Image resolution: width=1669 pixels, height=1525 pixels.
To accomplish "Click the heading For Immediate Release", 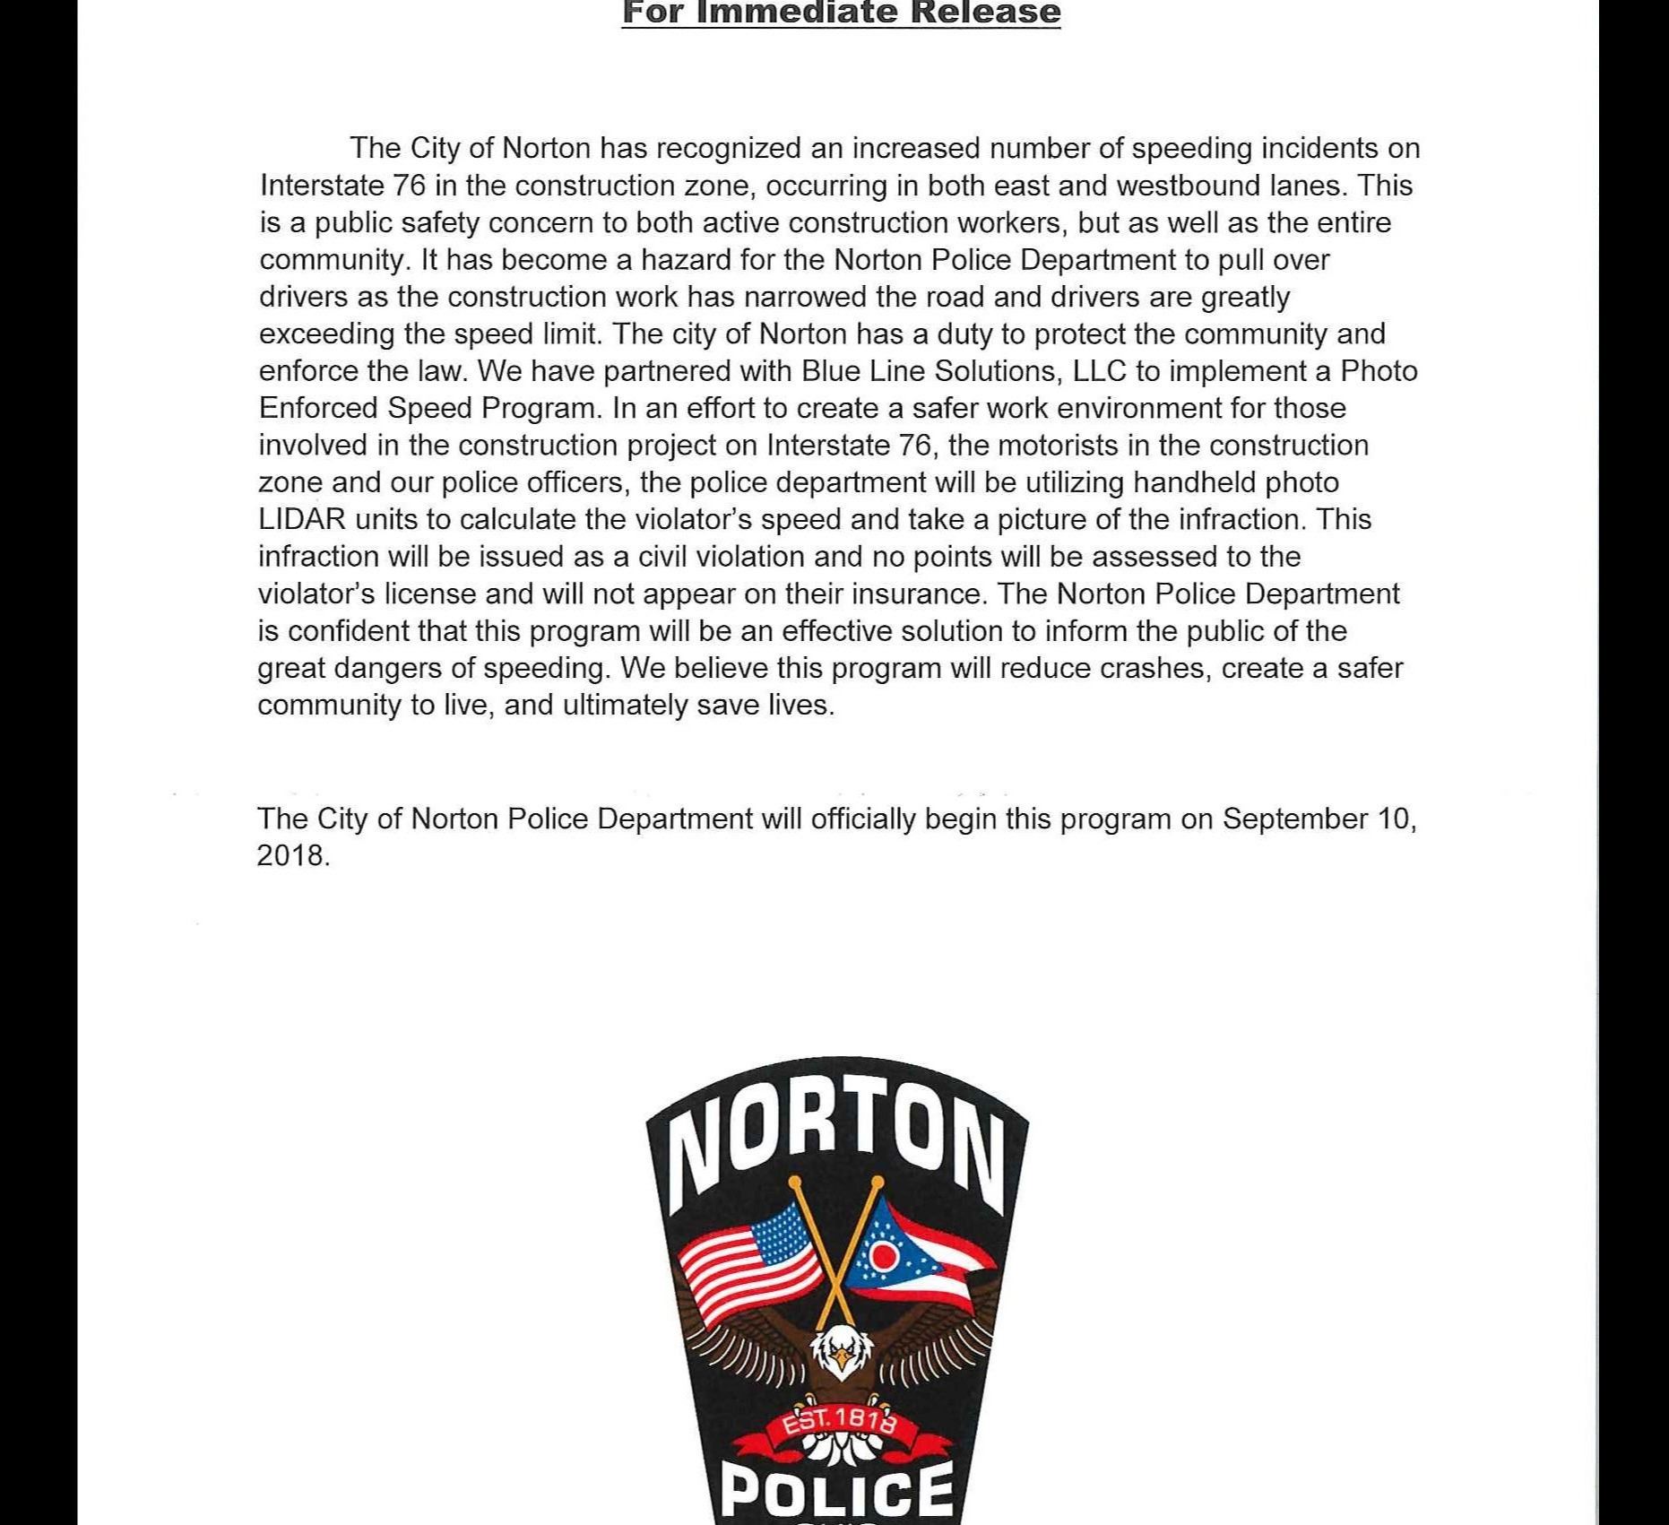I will (x=841, y=13).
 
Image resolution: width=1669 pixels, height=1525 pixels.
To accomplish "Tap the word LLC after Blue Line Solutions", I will (x=1099, y=371).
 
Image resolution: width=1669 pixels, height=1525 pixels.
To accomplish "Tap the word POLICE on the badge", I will (x=837, y=1488).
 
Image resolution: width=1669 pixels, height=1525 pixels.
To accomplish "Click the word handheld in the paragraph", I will (x=1194, y=482).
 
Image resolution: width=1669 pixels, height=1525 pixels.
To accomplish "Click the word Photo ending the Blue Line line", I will (x=1379, y=371).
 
